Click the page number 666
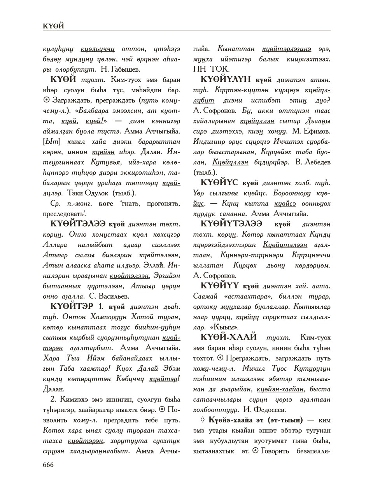click(48, 464)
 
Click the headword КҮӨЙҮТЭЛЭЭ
click(231, 224)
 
